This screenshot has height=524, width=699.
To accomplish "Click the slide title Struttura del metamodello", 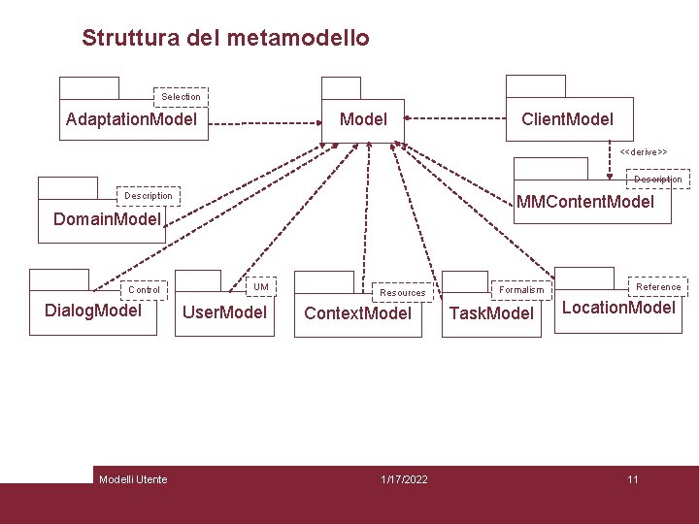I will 225,39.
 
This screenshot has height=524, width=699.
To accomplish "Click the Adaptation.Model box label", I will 131,119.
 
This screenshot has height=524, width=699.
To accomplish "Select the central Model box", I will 363,119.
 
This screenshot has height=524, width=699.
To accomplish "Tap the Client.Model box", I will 568,119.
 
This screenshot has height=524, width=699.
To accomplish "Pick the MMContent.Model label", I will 585,203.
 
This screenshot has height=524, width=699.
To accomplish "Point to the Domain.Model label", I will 107,219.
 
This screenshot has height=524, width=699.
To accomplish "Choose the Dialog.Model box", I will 93,311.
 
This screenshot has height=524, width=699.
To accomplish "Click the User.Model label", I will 225,312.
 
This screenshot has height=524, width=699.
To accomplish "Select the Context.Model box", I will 358,313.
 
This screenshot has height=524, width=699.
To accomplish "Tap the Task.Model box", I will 491,313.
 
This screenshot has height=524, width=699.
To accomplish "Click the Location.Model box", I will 618,309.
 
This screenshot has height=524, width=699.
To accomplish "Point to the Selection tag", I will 182,97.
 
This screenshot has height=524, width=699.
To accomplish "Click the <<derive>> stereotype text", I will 644,152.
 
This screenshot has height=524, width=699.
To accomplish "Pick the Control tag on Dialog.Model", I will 145,290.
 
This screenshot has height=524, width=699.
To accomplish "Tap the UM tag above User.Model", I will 261,286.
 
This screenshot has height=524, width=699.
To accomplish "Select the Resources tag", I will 403,292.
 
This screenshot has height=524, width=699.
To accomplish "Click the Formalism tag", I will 521,289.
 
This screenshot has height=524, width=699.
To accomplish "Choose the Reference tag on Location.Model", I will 658,286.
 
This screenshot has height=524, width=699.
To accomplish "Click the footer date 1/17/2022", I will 404,479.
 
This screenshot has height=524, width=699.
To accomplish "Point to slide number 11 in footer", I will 632,479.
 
